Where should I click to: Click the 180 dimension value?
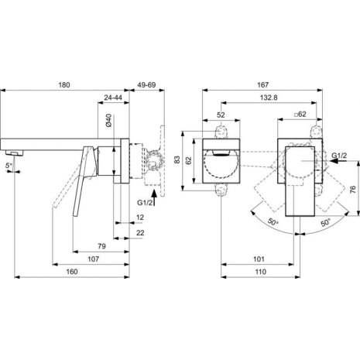pos(64,84)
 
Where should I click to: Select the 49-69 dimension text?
pos(146,84)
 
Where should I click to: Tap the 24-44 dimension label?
pos(113,98)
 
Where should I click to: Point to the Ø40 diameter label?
pos(108,120)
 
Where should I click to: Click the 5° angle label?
pos(9,166)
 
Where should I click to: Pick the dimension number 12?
pos(140,218)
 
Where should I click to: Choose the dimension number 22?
pos(140,233)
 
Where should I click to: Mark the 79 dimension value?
pos(101,246)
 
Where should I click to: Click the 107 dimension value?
pos(93,259)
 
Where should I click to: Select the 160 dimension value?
pos(72,272)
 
